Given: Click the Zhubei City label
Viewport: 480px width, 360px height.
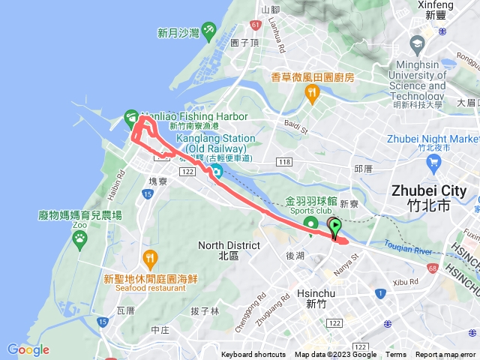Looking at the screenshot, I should coord(432,190).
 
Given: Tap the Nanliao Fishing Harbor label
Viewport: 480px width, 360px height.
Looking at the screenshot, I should coord(178,117).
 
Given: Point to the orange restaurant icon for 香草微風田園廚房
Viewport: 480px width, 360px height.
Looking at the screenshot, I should coord(312,94).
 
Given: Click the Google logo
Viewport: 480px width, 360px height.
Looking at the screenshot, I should coord(28,349).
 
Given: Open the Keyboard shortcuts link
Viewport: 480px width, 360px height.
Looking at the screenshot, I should coord(253,355).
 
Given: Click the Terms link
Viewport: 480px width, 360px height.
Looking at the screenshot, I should coord(396,355).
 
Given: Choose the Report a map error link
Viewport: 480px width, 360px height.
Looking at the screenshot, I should coord(446,355).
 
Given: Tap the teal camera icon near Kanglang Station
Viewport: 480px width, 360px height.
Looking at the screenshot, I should coord(215,172).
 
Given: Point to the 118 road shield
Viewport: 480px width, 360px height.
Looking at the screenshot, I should coord(284,162).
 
